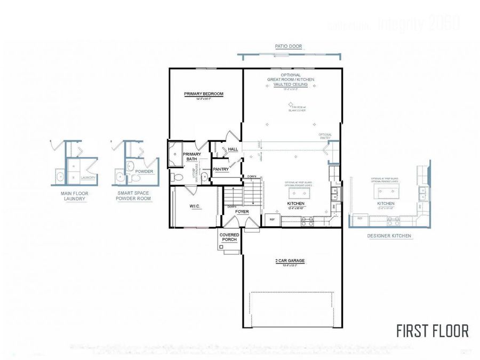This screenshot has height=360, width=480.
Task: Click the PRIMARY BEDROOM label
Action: [204, 94]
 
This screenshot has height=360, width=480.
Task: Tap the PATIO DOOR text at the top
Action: [289, 46]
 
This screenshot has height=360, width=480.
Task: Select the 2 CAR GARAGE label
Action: [290, 261]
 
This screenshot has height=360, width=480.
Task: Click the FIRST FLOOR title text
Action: [432, 331]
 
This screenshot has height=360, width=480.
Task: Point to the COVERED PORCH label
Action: [229, 237]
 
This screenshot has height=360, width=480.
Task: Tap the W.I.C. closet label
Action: [194, 206]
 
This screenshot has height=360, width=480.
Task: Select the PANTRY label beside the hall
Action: [221, 170]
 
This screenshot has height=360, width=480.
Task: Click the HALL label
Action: [233, 149]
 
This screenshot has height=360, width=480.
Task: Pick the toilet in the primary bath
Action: [178, 177]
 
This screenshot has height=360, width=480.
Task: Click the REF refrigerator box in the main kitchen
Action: [272, 219]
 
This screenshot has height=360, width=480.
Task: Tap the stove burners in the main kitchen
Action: [308, 221]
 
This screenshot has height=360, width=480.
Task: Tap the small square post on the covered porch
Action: [221, 247]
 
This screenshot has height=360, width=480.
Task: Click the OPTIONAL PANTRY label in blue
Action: [325, 136]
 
